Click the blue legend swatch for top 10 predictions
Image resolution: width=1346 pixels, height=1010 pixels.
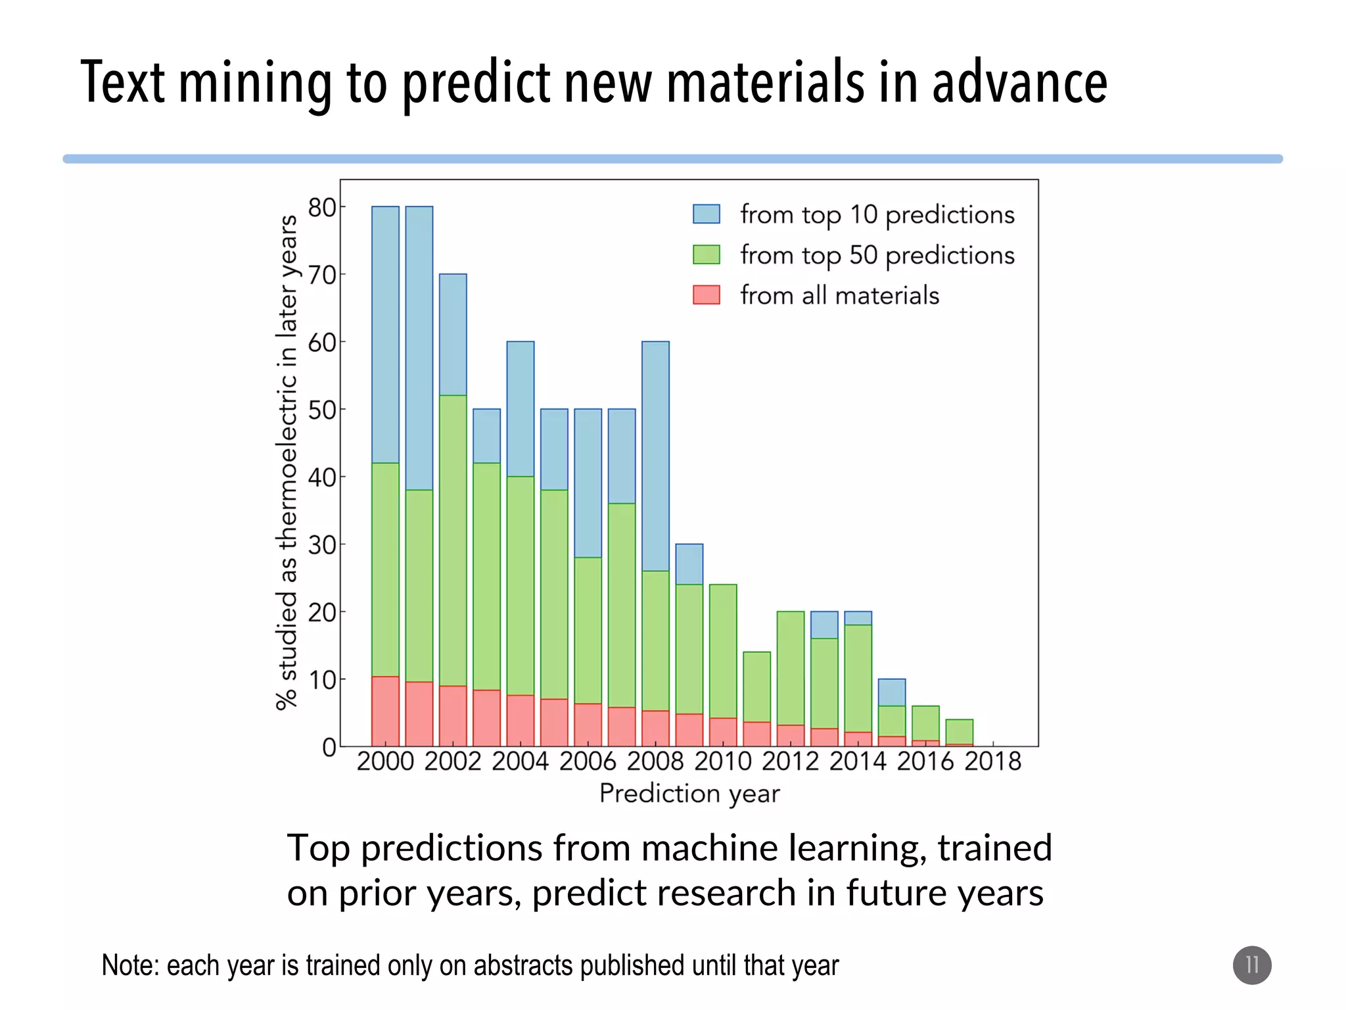[x=706, y=214]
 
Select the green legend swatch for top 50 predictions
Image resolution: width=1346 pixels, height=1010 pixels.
[x=706, y=254]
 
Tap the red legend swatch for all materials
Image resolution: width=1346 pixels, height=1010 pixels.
[x=706, y=295]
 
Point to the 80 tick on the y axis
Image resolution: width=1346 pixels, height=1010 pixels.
[x=322, y=207]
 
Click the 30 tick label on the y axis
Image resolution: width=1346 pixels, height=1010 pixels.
[x=322, y=544]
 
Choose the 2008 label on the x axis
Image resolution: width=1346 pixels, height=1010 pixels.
[x=655, y=761]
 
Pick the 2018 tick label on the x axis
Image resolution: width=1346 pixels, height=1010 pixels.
[x=992, y=761]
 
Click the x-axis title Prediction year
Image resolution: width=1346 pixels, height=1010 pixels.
[x=689, y=794]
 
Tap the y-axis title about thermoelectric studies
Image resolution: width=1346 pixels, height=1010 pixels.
[x=287, y=462]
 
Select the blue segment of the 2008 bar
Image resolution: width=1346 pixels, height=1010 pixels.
[x=655, y=456]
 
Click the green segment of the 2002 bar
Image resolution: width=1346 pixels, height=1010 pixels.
[x=453, y=541]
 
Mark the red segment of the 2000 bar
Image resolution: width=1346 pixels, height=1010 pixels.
[x=385, y=711]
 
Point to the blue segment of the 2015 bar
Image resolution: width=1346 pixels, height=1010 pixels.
[x=892, y=692]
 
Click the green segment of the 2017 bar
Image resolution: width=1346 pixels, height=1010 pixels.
[x=960, y=731]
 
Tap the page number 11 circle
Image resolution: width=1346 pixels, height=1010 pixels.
[x=1251, y=965]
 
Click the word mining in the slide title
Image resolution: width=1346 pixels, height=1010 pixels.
[x=254, y=84]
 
